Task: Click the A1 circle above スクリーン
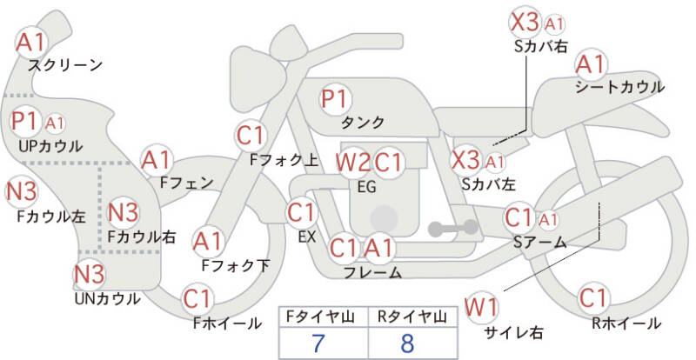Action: tap(33, 40)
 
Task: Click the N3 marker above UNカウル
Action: tap(89, 275)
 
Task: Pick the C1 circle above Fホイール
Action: tap(197, 299)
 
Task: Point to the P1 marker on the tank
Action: tap(334, 98)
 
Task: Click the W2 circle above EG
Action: tap(353, 162)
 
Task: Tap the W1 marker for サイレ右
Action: tap(481, 306)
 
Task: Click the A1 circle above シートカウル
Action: tap(591, 63)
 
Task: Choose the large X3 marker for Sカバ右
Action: tap(525, 22)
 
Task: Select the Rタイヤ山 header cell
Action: tap(407, 317)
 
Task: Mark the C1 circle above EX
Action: tap(301, 211)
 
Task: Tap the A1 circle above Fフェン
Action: tap(157, 159)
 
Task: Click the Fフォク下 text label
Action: tap(235, 265)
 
